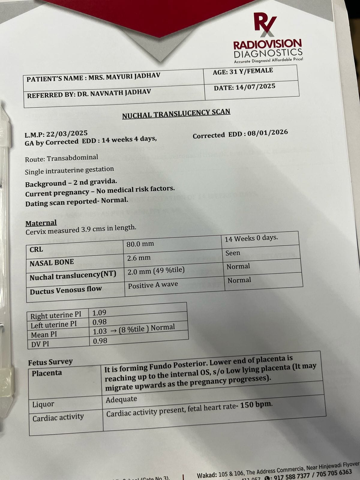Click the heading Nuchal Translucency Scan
tap(176, 113)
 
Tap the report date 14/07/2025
tap(255, 87)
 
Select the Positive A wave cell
tap(153, 285)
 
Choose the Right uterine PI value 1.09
tap(99, 313)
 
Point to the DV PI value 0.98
tap(100, 341)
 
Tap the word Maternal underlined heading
tap(41, 223)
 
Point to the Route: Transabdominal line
tap(61, 158)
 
